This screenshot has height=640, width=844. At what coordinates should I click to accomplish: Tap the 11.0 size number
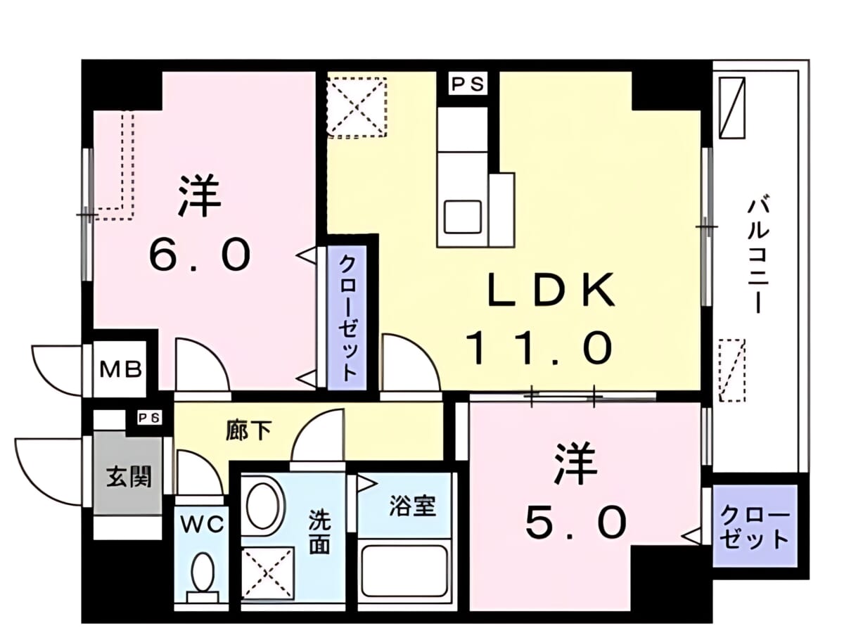point(539,349)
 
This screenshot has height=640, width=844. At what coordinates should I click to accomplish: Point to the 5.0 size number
point(575,522)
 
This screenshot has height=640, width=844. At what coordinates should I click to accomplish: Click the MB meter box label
point(121,370)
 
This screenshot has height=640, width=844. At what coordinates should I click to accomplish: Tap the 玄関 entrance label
point(129,476)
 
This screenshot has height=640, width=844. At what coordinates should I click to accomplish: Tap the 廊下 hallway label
point(248,431)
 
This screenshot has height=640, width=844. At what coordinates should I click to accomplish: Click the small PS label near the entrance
point(150,418)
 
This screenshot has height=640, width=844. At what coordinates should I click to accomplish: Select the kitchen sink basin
point(463,217)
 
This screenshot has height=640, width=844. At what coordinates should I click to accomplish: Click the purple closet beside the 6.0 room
point(347,318)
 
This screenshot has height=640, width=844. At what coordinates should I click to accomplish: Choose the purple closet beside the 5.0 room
point(754,531)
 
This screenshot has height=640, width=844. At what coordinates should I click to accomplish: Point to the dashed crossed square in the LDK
point(356,107)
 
